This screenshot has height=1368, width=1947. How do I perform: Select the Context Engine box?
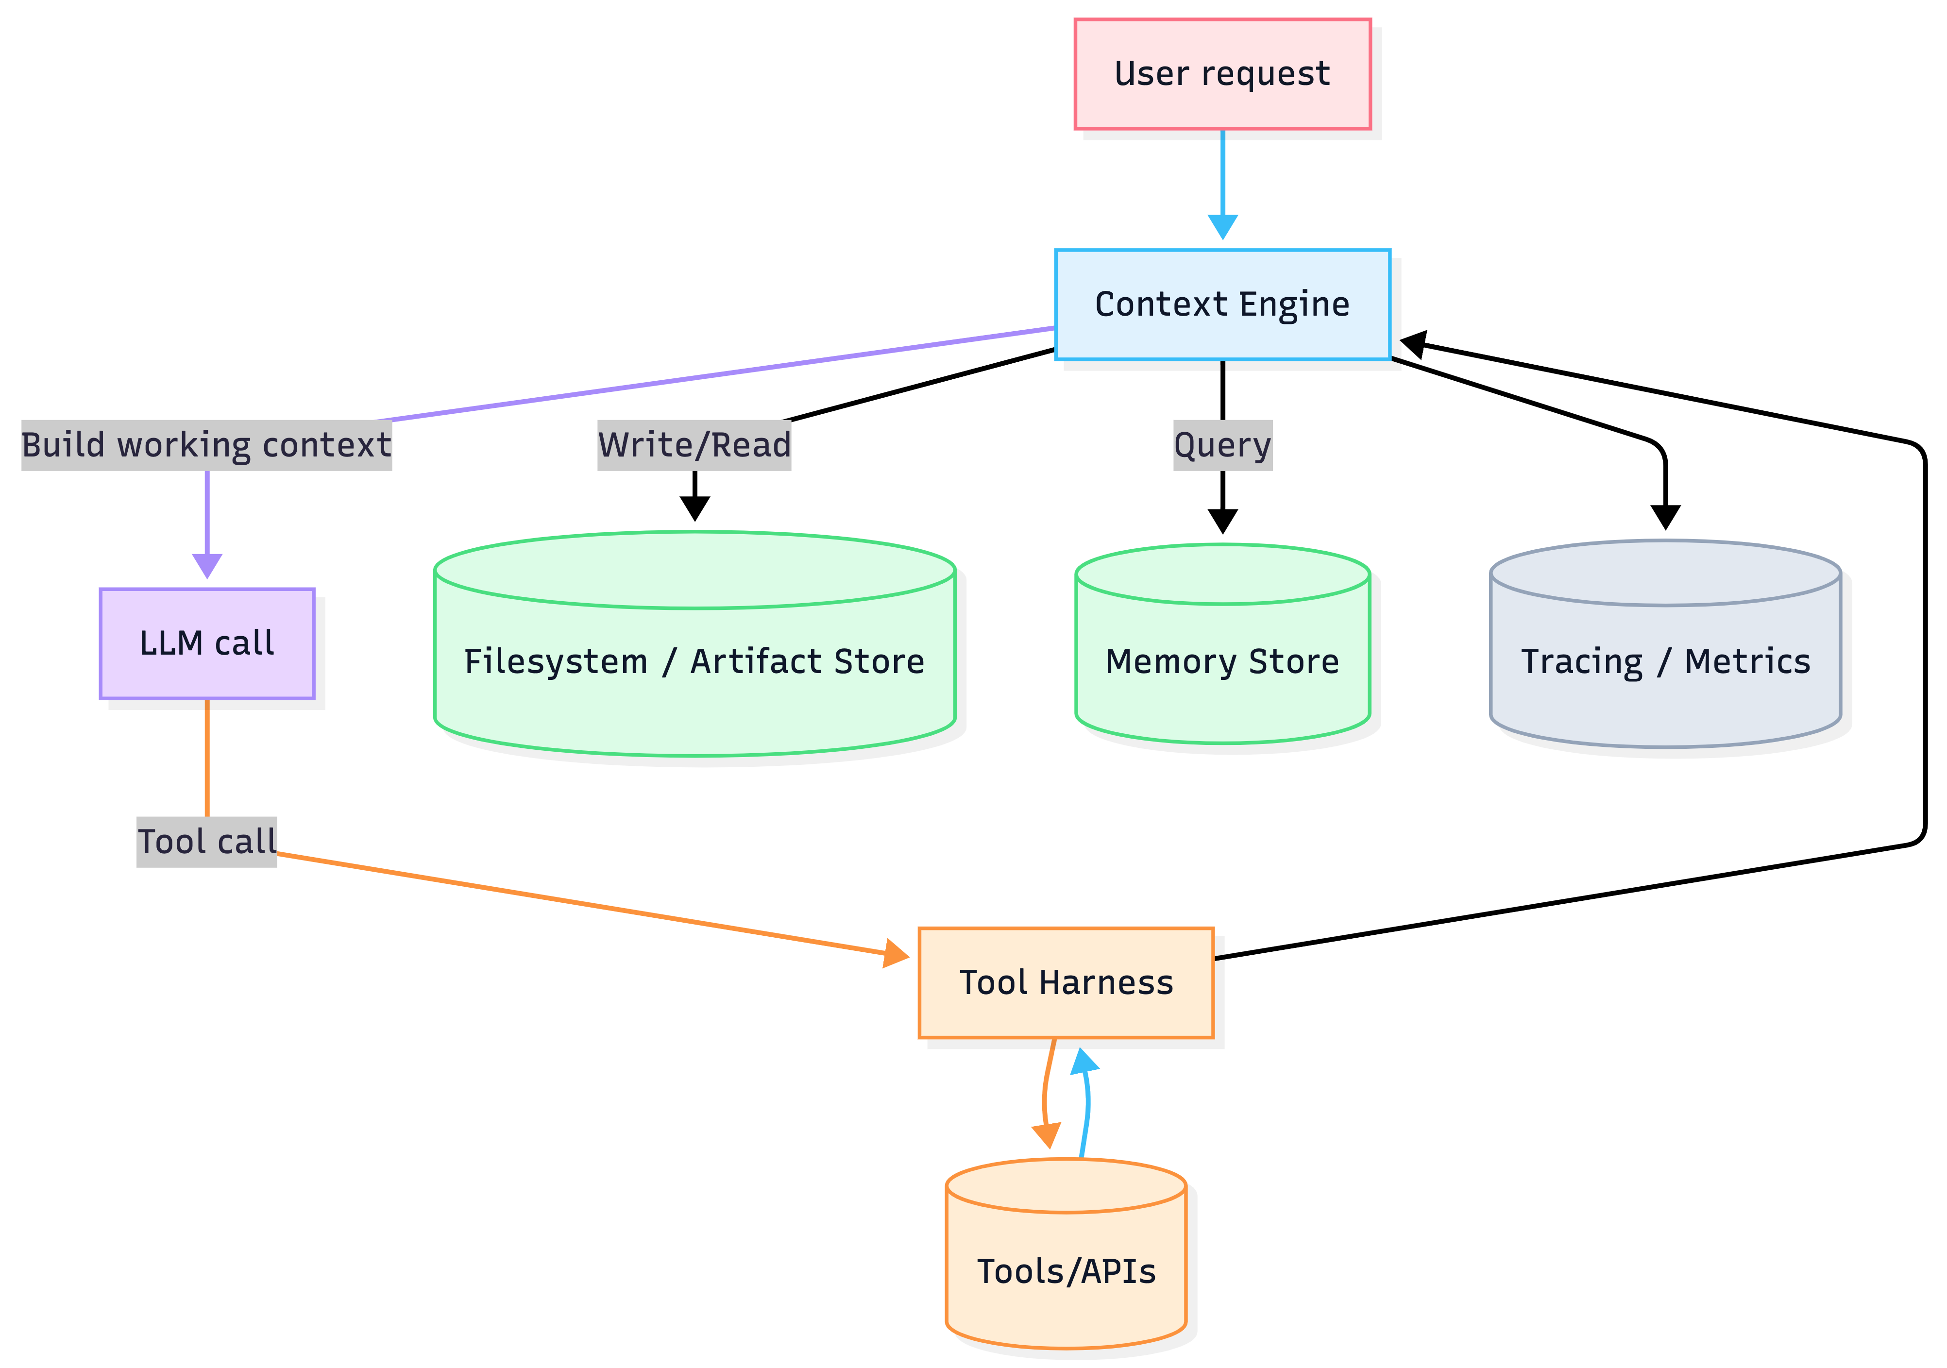click(1222, 304)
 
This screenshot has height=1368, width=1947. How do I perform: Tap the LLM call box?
click(207, 644)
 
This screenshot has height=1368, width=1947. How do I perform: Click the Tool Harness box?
click(1066, 983)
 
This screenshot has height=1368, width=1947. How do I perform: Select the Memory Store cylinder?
click(1222, 661)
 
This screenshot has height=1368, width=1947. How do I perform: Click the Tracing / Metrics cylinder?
click(1665, 661)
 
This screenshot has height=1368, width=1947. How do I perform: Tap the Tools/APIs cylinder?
click(1066, 1271)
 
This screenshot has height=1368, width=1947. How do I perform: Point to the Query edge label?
click(1222, 445)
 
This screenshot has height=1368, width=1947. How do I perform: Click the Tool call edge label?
click(207, 842)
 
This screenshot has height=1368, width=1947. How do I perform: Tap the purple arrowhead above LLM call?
click(207, 566)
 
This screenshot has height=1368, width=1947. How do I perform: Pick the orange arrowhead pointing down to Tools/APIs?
click(1047, 1135)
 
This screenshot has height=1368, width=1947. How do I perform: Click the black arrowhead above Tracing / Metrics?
click(1665, 517)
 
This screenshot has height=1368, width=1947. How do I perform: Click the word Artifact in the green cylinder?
click(757, 661)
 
